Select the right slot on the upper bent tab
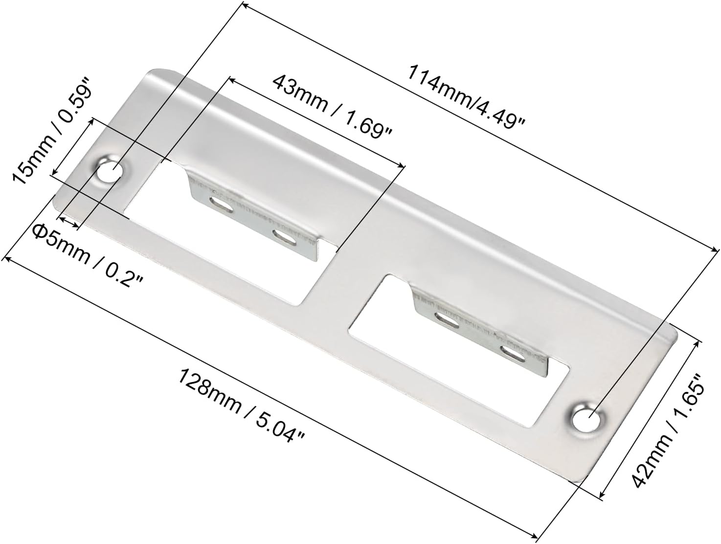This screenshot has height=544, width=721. pyautogui.click(x=284, y=237)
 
